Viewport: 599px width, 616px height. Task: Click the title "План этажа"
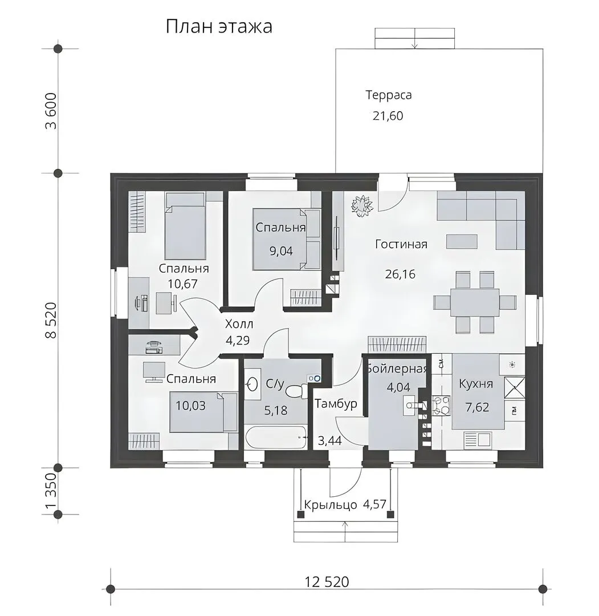click(x=219, y=27)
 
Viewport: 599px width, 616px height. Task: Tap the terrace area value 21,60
click(x=388, y=116)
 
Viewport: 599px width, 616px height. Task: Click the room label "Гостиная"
click(x=401, y=244)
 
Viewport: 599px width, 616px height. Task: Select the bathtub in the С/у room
click(x=275, y=437)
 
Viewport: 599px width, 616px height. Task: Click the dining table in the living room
click(x=475, y=302)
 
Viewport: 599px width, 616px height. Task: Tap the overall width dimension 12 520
click(x=327, y=581)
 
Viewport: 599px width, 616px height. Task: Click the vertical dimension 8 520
click(x=51, y=320)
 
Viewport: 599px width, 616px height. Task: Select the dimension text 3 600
click(x=51, y=111)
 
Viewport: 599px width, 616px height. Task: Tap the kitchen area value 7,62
click(x=477, y=407)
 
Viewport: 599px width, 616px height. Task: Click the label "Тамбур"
click(x=336, y=404)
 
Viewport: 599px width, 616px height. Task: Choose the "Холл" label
click(x=239, y=324)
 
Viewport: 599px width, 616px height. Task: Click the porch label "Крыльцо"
click(x=331, y=504)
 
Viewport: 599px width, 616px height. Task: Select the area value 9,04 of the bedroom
click(x=281, y=250)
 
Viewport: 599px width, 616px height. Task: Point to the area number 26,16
click(x=400, y=274)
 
